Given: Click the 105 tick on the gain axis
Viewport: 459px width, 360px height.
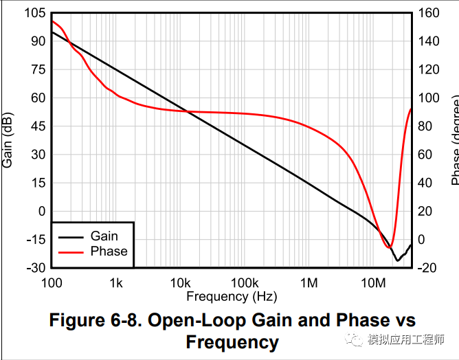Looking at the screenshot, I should click(36, 13).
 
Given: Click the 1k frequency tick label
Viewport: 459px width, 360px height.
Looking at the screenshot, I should click(115, 282).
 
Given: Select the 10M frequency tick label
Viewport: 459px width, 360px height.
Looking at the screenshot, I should click(374, 282).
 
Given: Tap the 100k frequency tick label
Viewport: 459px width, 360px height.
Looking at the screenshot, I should click(244, 282).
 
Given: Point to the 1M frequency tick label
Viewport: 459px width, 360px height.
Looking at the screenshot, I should click(309, 282).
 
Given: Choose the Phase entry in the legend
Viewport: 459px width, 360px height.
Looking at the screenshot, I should click(109, 251).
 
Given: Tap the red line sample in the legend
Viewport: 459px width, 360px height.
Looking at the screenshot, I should click(71, 252).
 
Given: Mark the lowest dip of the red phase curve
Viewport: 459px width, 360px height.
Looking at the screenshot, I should click(390, 247).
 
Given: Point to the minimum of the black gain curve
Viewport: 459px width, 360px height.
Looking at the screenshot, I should click(397, 260).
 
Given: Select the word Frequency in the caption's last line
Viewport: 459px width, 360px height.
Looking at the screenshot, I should click(232, 341).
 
